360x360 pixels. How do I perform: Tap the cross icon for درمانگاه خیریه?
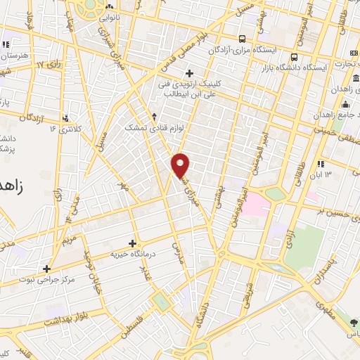tap(133, 243)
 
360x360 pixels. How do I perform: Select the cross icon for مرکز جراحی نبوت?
tap(46, 269)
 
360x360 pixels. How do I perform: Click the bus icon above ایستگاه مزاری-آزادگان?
tap(242, 39)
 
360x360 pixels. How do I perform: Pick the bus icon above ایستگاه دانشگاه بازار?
tap(295, 57)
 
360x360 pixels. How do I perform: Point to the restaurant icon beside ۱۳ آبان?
tap(321, 163)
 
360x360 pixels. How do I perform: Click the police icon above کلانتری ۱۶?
tap(66, 118)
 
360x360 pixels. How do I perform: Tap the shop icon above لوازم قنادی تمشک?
tap(154, 116)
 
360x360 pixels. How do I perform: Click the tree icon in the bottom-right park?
tap(352, 322)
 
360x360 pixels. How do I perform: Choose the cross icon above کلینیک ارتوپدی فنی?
tap(188, 72)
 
